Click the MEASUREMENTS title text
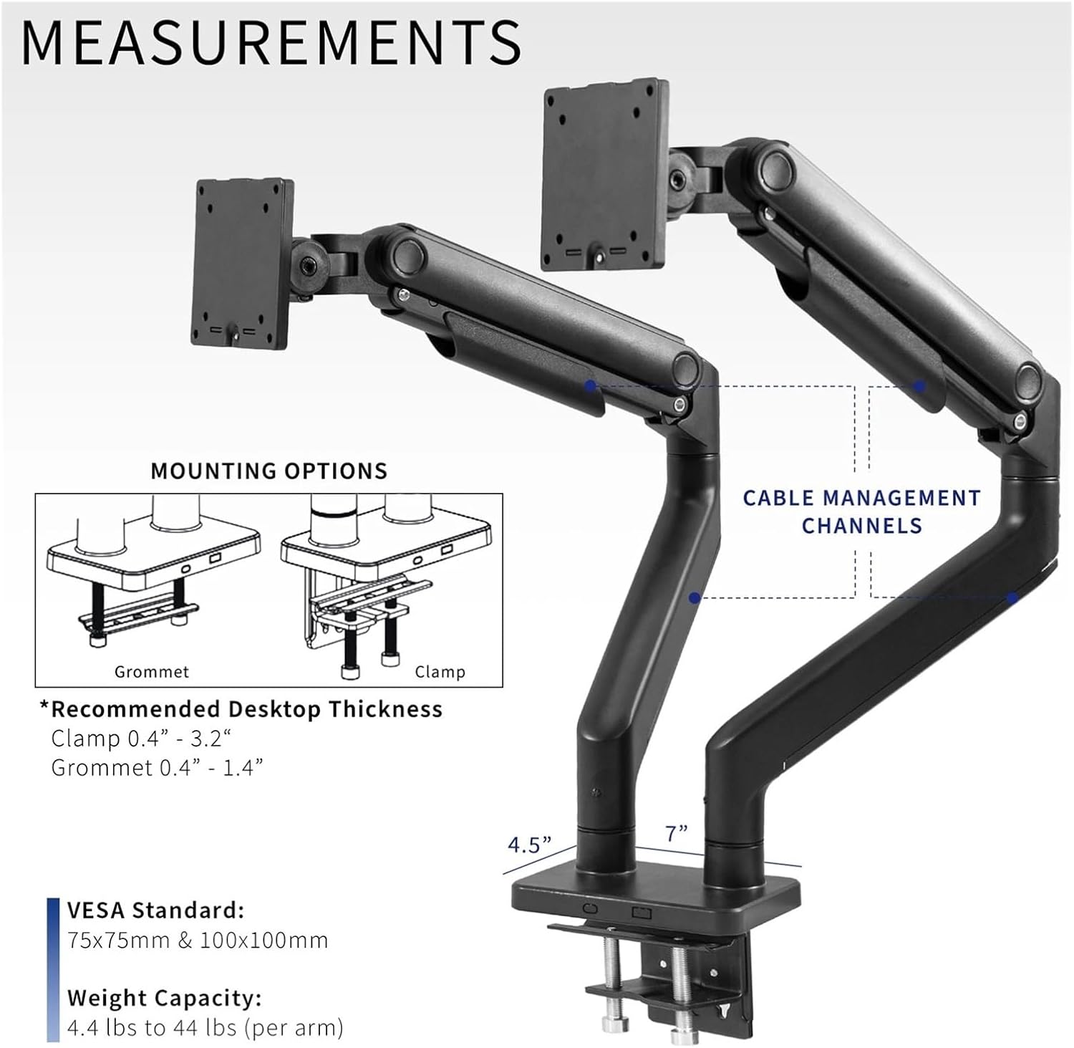point(271,43)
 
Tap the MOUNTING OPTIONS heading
point(268,471)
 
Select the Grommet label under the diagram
point(152,672)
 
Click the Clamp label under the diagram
point(440,672)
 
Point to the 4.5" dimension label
point(529,845)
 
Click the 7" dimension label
point(676,833)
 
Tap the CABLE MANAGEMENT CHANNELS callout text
point(861,511)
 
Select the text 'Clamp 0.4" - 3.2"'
point(142,738)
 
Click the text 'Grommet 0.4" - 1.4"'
point(157,767)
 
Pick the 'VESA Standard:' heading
point(155,910)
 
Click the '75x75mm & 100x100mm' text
point(198,940)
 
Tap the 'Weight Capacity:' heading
point(164,998)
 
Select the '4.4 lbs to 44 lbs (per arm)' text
point(205,1028)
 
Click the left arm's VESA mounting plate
point(242,264)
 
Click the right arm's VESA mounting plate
point(605,174)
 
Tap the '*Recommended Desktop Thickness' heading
point(241,709)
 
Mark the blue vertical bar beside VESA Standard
point(52,970)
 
